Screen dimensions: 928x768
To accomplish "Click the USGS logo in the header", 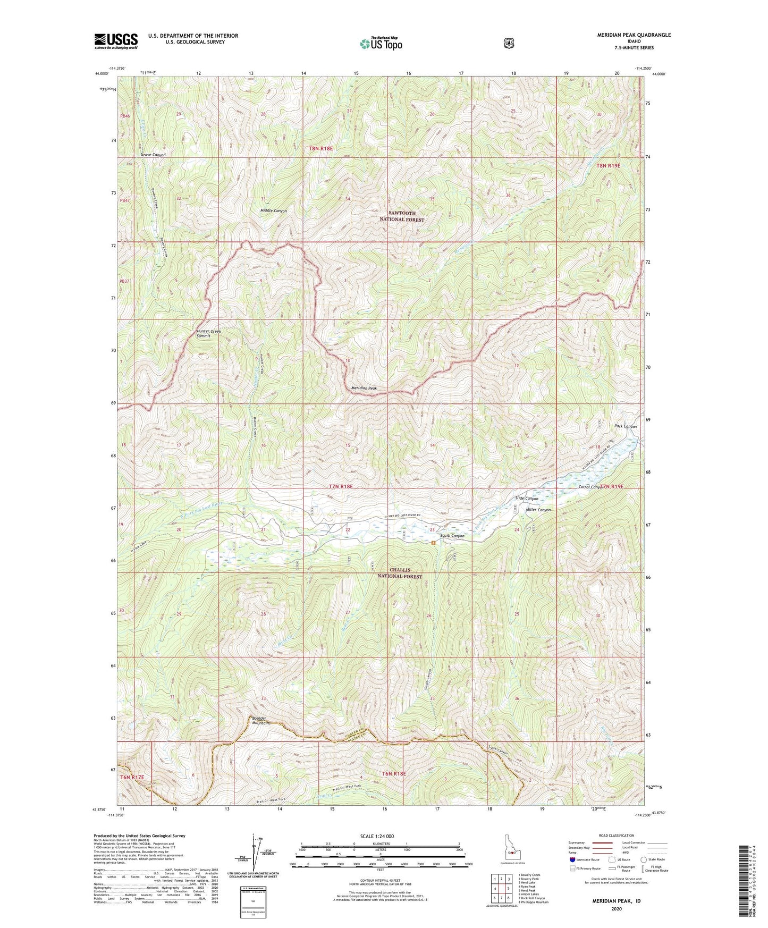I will [x=116, y=41].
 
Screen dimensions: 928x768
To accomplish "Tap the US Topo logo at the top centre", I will [x=381, y=44].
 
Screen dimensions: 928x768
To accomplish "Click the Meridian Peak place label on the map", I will [x=364, y=388].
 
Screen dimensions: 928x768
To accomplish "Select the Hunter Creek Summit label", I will [x=208, y=333].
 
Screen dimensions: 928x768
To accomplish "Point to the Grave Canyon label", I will [x=153, y=155].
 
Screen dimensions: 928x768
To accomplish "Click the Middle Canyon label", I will [x=274, y=211].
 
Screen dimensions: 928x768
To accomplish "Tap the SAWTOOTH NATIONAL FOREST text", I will [x=402, y=216].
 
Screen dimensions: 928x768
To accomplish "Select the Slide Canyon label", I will [x=527, y=499].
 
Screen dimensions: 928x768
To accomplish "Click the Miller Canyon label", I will [x=538, y=510].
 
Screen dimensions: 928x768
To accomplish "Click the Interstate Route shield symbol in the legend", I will [x=572, y=859].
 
